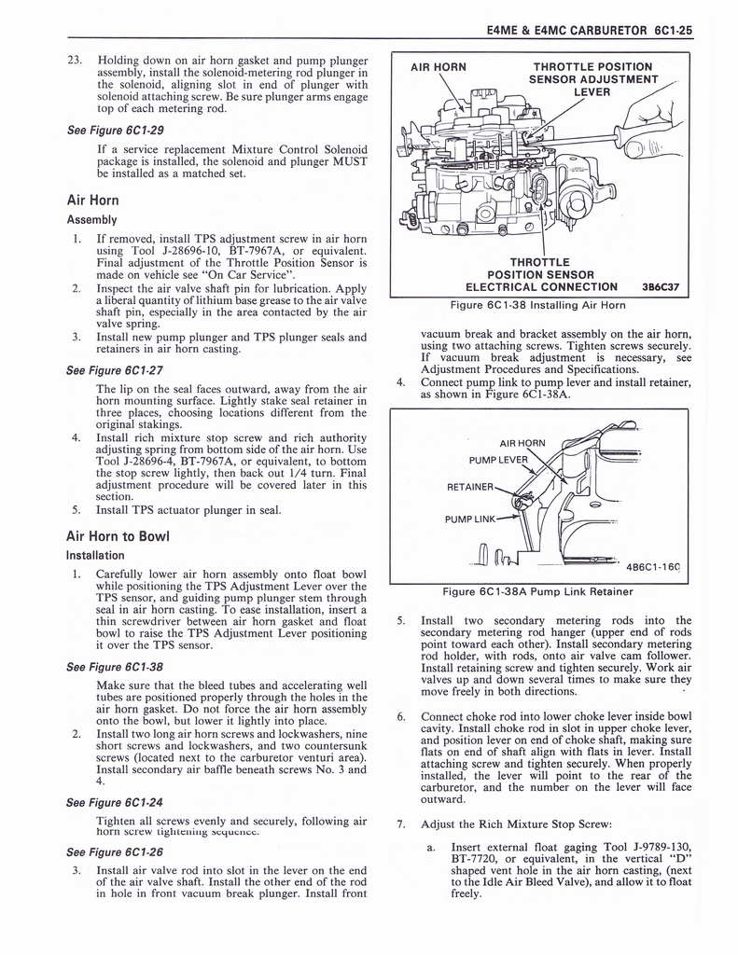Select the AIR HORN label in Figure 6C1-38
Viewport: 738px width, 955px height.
[439, 67]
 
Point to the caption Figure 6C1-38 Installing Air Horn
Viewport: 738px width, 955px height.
[537, 305]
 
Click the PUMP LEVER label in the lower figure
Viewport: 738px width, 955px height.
[498, 459]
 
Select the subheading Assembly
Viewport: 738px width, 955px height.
[91, 220]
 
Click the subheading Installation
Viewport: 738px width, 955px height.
[95, 554]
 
